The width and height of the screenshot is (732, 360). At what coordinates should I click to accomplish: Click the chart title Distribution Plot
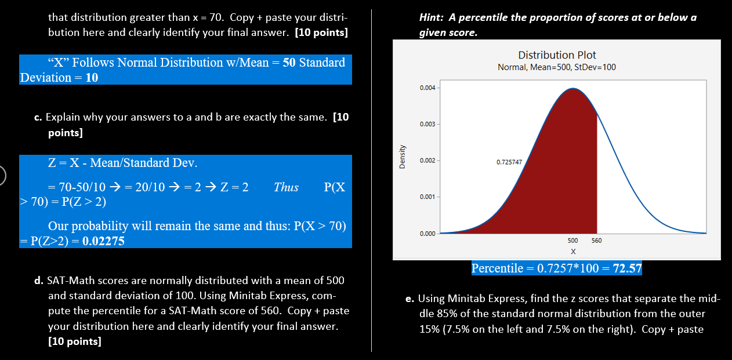[x=557, y=55]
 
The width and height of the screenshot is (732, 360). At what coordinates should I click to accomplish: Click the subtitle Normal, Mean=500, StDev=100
[x=557, y=67]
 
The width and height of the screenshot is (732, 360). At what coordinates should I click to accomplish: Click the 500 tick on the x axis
[x=572, y=241]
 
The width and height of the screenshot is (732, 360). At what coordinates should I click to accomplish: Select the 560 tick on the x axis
[x=597, y=241]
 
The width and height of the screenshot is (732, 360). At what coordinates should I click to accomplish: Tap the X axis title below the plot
[x=573, y=252]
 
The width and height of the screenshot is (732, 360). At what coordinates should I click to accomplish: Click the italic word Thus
[x=286, y=187]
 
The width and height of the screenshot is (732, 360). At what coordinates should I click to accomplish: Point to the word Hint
[x=430, y=18]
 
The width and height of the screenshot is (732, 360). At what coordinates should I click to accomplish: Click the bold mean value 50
[x=289, y=63]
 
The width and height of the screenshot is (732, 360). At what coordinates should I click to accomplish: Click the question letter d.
[x=38, y=281]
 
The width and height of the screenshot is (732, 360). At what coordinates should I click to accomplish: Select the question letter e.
[x=410, y=299]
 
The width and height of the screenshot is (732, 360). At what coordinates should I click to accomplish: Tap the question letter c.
[x=37, y=118]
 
